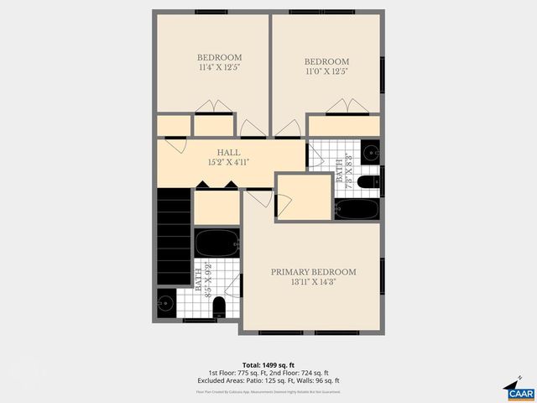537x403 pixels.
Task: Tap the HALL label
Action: coord(229,152)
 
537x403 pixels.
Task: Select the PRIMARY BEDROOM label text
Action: coord(313,272)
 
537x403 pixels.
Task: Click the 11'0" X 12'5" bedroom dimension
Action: coord(326,71)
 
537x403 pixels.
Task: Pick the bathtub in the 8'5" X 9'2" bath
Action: coord(217,243)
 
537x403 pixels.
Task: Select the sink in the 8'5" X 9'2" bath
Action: coord(166,301)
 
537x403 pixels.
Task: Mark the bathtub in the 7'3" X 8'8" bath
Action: coord(358,208)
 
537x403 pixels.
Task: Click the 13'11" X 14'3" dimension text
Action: coord(313,282)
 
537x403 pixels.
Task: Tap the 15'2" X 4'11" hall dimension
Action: coord(229,161)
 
